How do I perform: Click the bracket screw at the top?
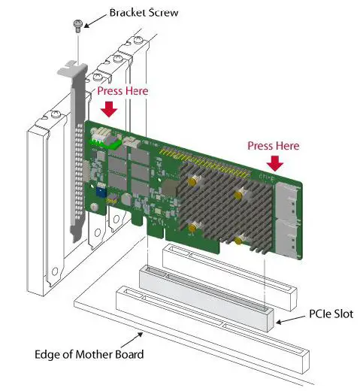click(x=77, y=26)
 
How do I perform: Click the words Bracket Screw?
click(x=143, y=13)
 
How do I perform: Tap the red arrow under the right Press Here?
click(x=274, y=162)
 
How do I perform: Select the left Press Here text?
click(x=123, y=90)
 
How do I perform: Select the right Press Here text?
click(x=274, y=145)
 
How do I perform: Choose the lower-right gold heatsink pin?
click(x=240, y=241)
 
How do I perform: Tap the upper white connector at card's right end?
click(x=287, y=199)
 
